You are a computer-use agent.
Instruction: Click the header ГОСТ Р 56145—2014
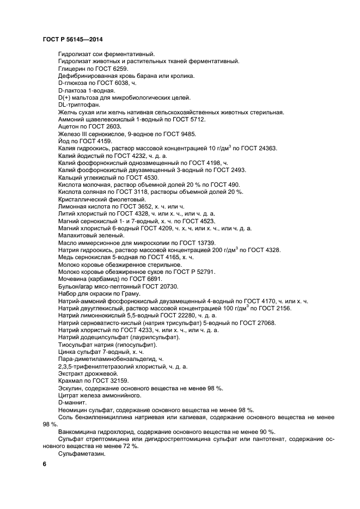72,40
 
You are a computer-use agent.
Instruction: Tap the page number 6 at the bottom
45,464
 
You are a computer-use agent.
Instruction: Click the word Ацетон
69,126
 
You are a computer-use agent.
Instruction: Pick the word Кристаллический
83,199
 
